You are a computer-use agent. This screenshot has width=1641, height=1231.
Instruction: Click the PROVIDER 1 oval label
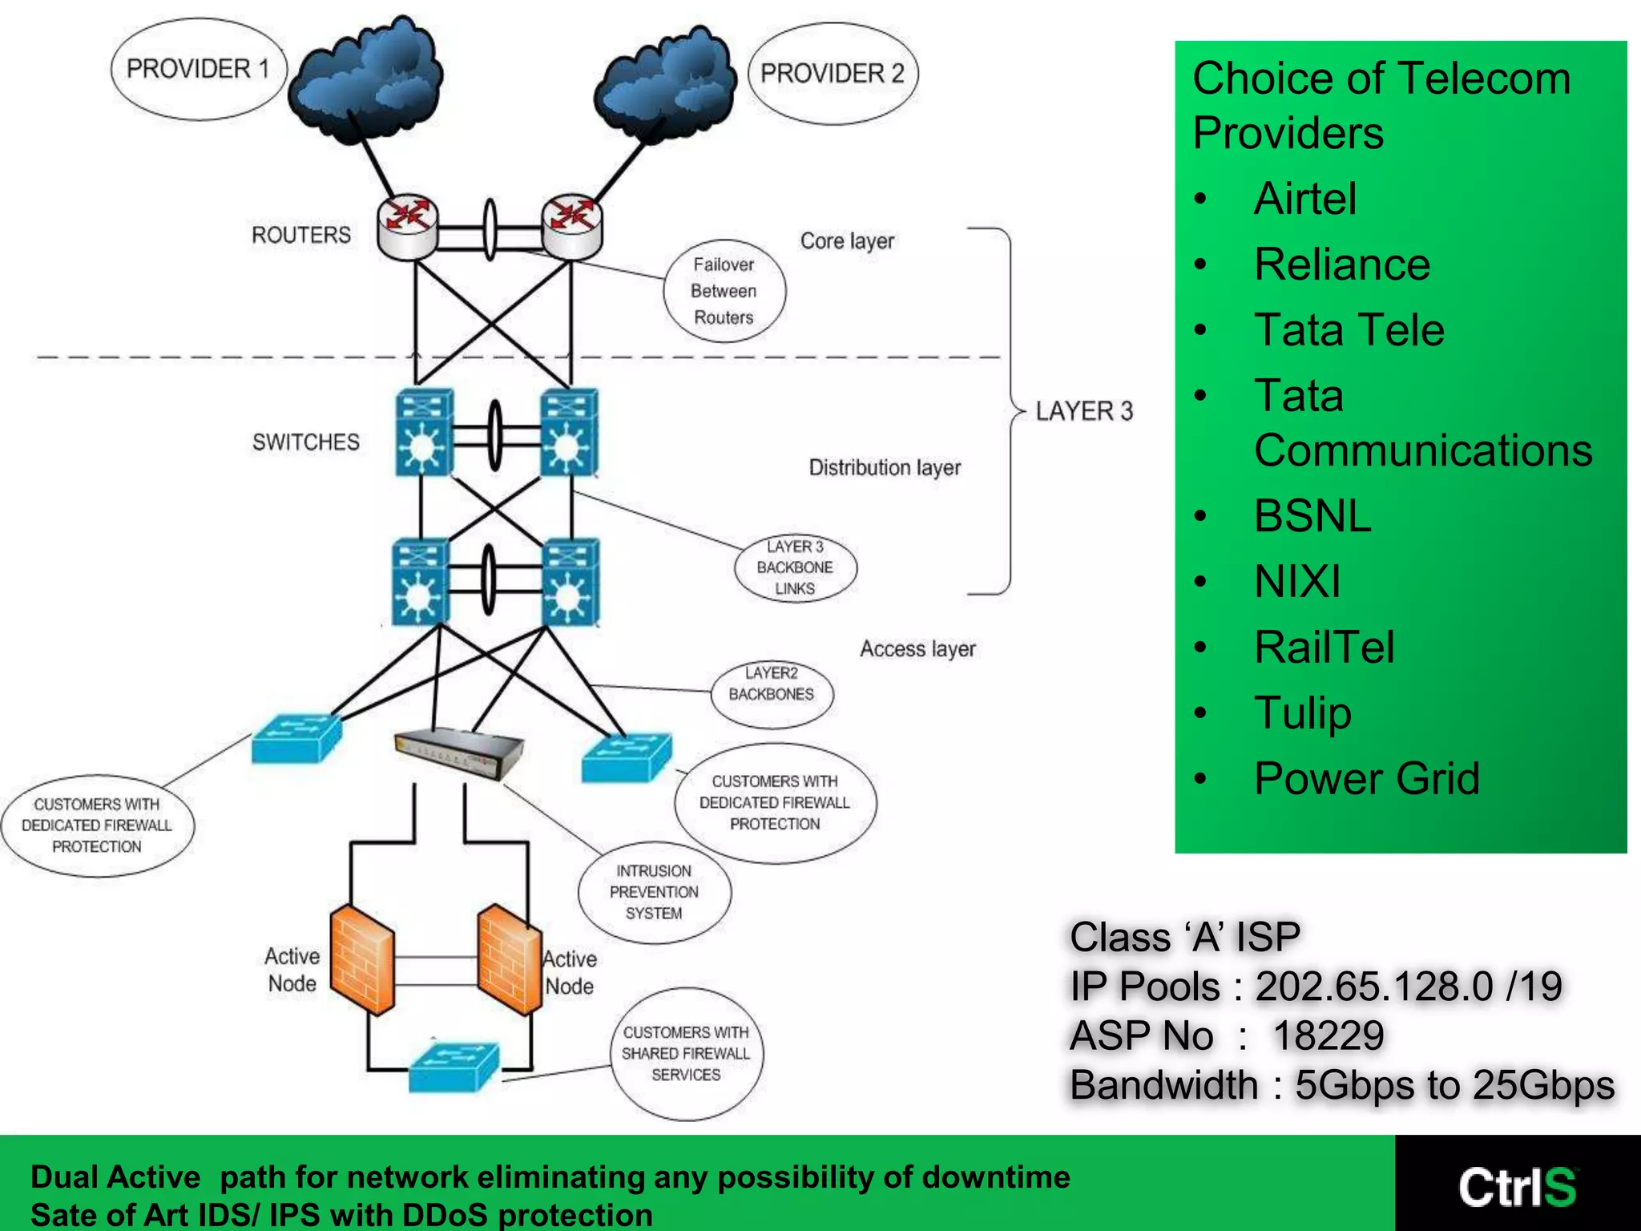coord(197,70)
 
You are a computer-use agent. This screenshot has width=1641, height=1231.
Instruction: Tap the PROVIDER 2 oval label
coord(833,74)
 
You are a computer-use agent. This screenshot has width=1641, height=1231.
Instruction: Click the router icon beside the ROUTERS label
coord(408,228)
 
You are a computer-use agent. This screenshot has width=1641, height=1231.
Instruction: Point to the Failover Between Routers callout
coord(724,291)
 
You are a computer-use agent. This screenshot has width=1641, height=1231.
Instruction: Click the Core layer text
coord(847,241)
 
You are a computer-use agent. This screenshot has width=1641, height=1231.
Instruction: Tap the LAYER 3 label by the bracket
coord(1084,411)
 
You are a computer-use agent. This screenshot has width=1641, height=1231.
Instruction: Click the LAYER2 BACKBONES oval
coord(772,684)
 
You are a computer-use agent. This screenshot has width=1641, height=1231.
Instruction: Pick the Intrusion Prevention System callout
coord(654,892)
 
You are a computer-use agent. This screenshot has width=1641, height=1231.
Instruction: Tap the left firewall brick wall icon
coord(362,959)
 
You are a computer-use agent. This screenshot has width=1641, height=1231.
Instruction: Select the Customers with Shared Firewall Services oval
coord(687,1054)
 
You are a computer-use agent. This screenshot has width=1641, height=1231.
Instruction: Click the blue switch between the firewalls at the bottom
coord(454,1066)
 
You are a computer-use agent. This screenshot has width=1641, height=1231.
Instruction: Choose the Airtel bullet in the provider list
coord(1305,199)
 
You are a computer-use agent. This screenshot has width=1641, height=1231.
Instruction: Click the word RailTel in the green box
coord(1324,648)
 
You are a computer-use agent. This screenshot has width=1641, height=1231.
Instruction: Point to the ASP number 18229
coord(1328,1035)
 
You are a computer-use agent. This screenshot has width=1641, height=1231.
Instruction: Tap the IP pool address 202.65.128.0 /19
coord(1408,987)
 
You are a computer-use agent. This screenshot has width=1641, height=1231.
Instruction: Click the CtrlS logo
coord(1517,1187)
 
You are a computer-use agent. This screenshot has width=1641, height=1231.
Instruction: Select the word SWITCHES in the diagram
coord(306,442)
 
